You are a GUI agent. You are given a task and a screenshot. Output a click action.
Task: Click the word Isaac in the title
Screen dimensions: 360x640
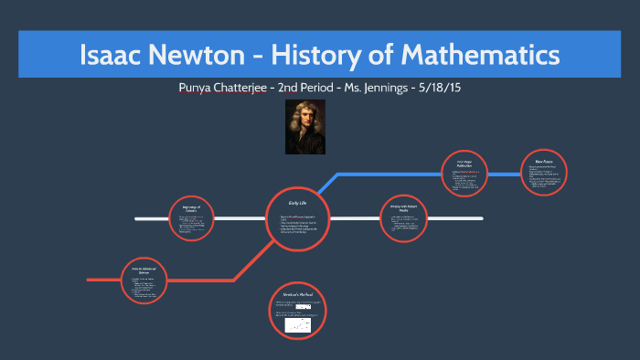tap(112, 56)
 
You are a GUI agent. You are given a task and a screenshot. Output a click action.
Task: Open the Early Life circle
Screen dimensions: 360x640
tap(297, 219)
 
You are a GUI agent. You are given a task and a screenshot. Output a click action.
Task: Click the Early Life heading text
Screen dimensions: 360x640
tap(297, 203)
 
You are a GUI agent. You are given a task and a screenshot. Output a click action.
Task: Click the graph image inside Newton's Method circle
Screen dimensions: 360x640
tap(297, 324)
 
